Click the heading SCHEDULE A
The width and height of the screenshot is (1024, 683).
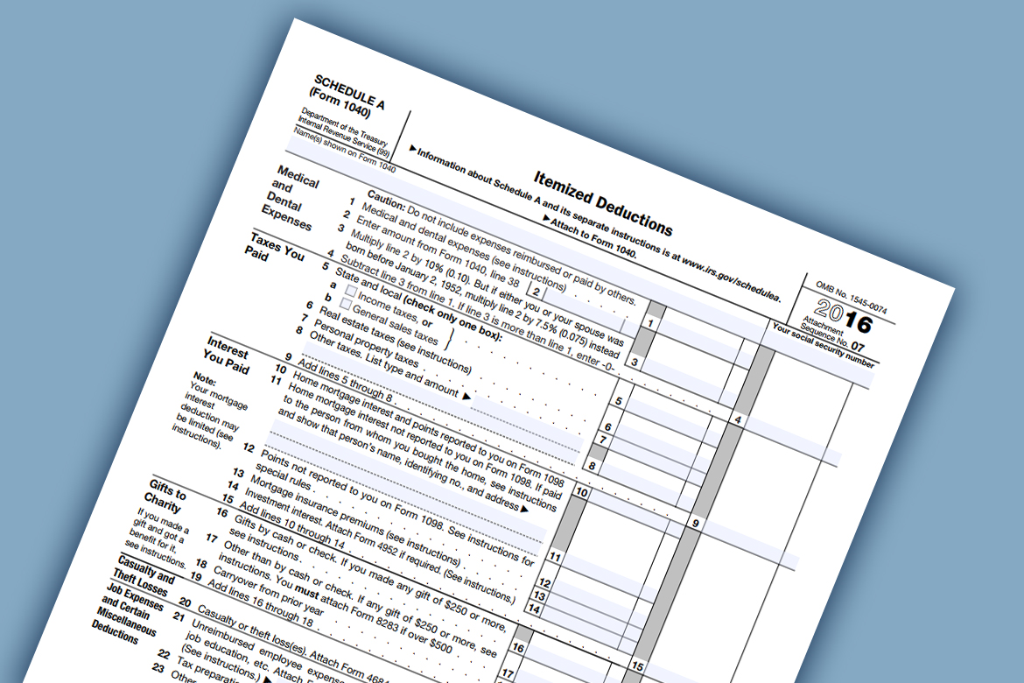pyautogui.click(x=348, y=91)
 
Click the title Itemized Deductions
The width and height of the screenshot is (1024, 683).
pyautogui.click(x=603, y=202)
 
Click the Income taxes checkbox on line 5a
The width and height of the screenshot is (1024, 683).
pyautogui.click(x=351, y=290)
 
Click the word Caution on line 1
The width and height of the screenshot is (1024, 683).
pyautogui.click(x=385, y=199)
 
